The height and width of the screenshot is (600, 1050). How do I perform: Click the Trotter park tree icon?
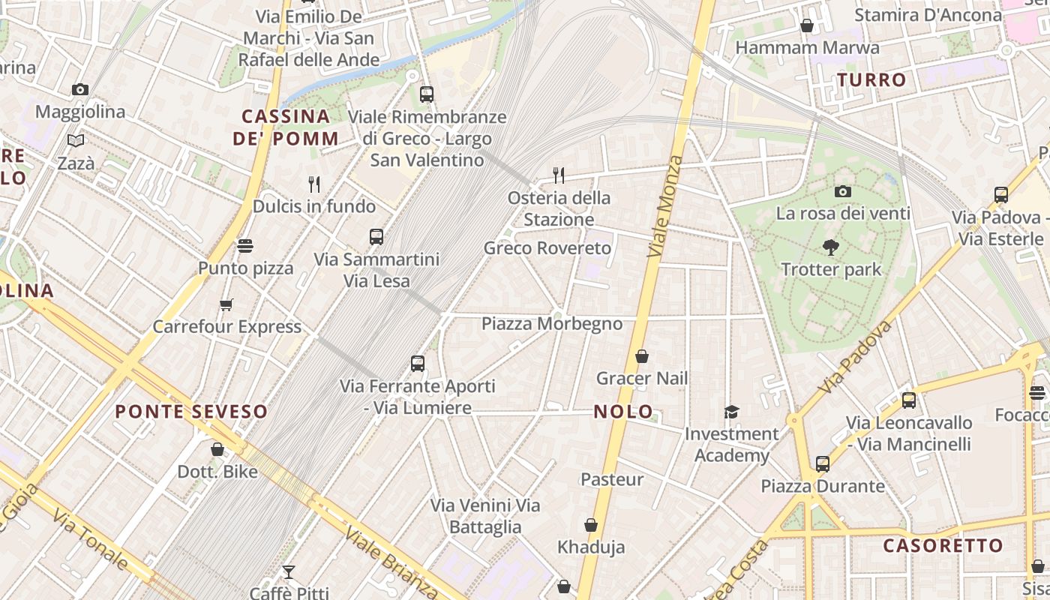pyautogui.click(x=830, y=247)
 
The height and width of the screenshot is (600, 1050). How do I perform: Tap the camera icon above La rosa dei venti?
pyautogui.click(x=843, y=191)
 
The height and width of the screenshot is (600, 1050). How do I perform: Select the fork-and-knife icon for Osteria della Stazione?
pyautogui.click(x=558, y=175)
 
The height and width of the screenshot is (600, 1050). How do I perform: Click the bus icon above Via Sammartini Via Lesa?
pyautogui.click(x=376, y=237)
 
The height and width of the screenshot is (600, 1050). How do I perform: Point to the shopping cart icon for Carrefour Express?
pyautogui.click(x=226, y=304)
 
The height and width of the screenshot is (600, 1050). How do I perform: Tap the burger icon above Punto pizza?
pyautogui.click(x=245, y=245)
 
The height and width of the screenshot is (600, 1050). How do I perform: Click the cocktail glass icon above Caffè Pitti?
pyautogui.click(x=289, y=572)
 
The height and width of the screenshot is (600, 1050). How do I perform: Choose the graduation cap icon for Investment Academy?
pyautogui.click(x=731, y=412)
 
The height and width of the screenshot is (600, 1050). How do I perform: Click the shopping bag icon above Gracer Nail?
pyautogui.click(x=642, y=356)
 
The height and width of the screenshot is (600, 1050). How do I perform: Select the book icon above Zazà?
pyautogui.click(x=76, y=140)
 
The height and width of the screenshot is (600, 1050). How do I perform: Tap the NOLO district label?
pyautogui.click(x=623, y=412)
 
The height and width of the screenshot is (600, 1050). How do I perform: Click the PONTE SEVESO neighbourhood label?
pyautogui.click(x=191, y=412)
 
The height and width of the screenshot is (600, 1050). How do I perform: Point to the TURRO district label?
pyautogui.click(x=871, y=79)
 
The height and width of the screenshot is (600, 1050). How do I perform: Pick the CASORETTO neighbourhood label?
pyautogui.click(x=943, y=545)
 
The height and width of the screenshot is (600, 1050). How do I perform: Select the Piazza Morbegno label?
pyautogui.click(x=552, y=323)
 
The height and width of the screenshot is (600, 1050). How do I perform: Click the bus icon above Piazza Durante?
pyautogui.click(x=823, y=464)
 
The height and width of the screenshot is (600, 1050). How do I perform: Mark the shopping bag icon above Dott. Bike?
pyautogui.click(x=217, y=449)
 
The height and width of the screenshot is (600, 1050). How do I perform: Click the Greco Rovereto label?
pyautogui.click(x=547, y=247)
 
